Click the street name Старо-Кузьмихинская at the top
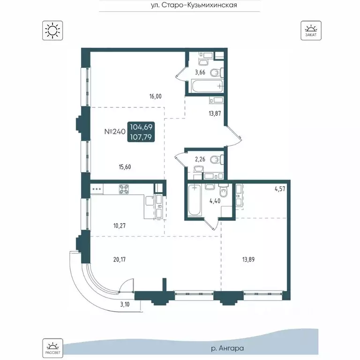(x=199, y=5)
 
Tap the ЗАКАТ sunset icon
(x=311, y=30)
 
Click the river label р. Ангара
(x=227, y=349)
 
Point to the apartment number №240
(x=115, y=132)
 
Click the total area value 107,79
(x=141, y=137)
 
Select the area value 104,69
(x=141, y=127)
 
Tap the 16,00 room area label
(x=156, y=97)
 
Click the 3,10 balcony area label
(x=125, y=304)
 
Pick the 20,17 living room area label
(x=120, y=260)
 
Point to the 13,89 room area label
(x=248, y=260)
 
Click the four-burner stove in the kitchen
(x=124, y=189)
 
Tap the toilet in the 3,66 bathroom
(x=217, y=73)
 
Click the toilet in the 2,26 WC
(x=217, y=159)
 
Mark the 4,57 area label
(x=280, y=189)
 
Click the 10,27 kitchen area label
(x=120, y=225)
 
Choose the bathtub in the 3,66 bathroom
(x=207, y=86)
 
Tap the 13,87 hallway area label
(x=215, y=113)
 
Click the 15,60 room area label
(x=125, y=167)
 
